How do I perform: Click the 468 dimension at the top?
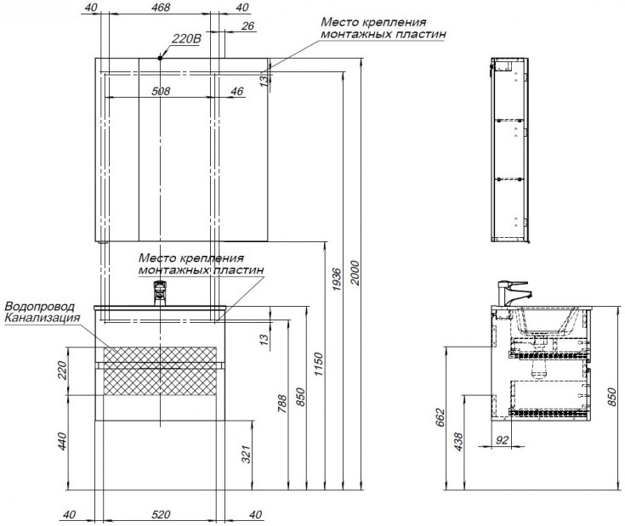pos(160,8)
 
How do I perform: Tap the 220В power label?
pos(185,39)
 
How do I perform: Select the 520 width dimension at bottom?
pos(162,514)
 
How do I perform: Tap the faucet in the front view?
pos(160,292)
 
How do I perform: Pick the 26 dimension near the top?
pos(247,27)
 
